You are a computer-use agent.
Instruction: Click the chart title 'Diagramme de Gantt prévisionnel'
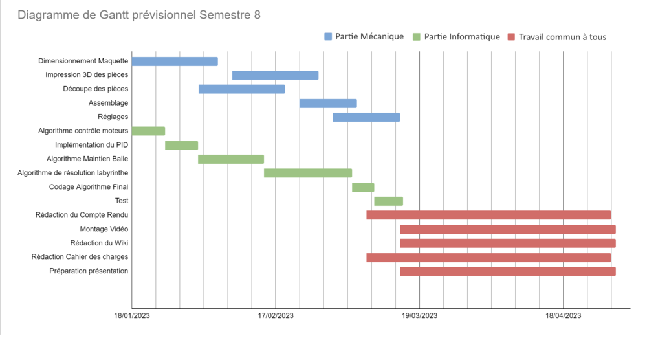[x=139, y=15]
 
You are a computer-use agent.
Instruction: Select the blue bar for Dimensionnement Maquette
[x=175, y=62]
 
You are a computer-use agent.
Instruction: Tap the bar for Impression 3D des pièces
[x=275, y=75]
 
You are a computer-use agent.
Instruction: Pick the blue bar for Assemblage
[x=328, y=103]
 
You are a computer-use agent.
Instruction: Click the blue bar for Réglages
[x=366, y=117]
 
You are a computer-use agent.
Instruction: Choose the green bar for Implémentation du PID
[x=181, y=145]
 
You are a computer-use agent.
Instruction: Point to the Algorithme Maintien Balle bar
[x=231, y=159]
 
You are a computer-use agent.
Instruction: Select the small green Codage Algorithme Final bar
[x=363, y=187]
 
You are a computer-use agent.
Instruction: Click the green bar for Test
[x=388, y=201]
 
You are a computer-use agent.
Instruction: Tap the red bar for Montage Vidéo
[x=507, y=229]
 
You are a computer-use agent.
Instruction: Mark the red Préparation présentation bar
[x=507, y=271]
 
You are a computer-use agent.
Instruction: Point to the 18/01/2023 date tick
[x=132, y=316]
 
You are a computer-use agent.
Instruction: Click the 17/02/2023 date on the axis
[x=276, y=316]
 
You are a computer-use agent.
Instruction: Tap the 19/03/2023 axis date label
[x=420, y=316]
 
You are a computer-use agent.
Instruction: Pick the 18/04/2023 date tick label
[x=564, y=316]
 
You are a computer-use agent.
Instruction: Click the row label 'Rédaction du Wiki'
[x=99, y=243]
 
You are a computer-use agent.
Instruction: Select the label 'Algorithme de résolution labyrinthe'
[x=72, y=173]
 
